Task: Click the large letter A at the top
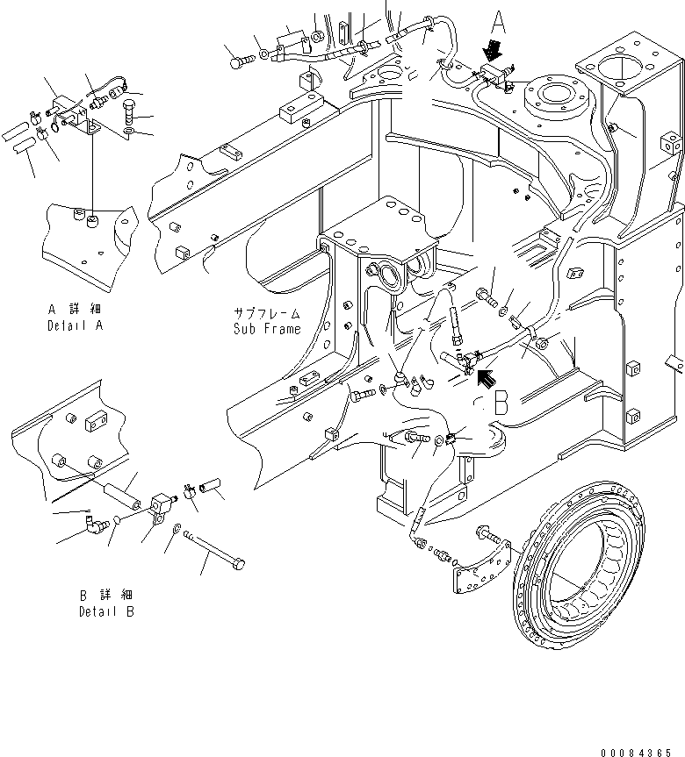point(498,22)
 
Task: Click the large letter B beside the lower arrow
point(501,403)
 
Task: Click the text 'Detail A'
point(76,325)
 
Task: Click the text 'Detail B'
point(106,611)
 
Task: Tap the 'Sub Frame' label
point(267,329)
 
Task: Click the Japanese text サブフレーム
point(267,313)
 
